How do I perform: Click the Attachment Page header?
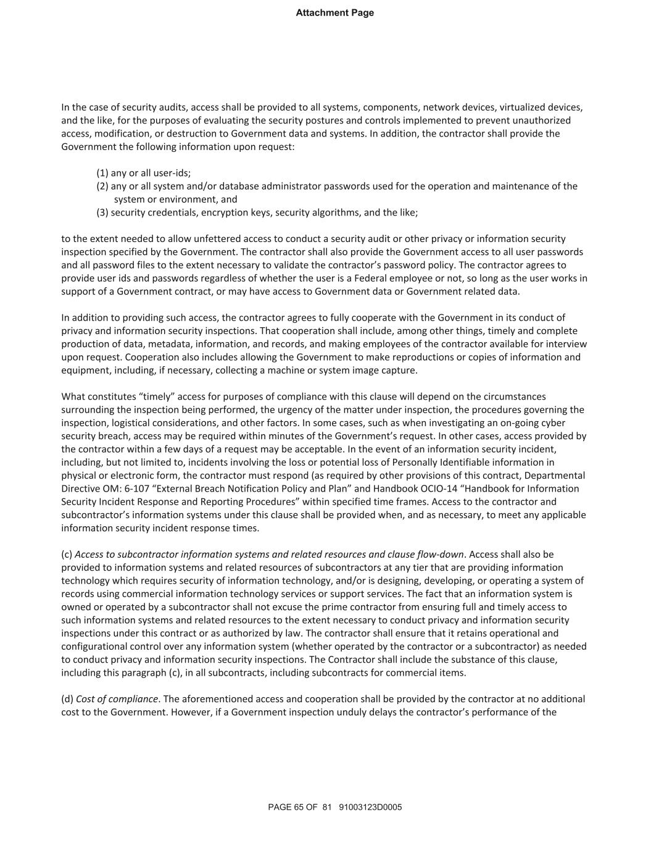pyautogui.click(x=334, y=13)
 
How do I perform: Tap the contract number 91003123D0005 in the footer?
pyautogui.click(x=370, y=807)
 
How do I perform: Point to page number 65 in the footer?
pyautogui.click(x=299, y=807)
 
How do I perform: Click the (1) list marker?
pyautogui.click(x=102, y=173)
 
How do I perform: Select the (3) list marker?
pyautogui.click(x=102, y=212)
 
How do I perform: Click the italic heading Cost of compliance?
pyautogui.click(x=117, y=699)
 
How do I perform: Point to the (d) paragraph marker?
pyautogui.click(x=67, y=699)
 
